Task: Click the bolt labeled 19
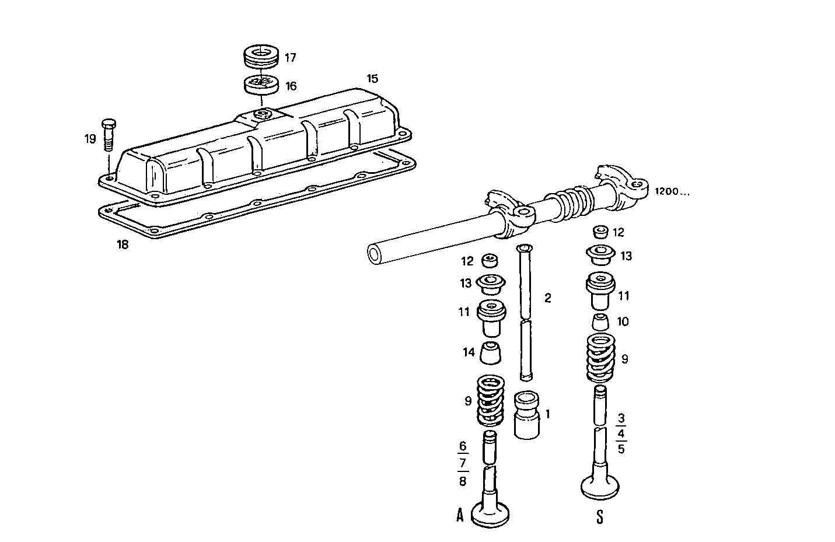109,135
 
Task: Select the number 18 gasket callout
122,244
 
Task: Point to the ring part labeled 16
260,84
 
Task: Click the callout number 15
372,79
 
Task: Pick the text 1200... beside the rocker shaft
671,191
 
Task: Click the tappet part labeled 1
527,414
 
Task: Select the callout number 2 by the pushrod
547,298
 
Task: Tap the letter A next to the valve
460,515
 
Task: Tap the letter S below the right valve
599,517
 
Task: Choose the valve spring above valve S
600,357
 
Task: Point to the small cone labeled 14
491,352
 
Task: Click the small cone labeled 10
600,321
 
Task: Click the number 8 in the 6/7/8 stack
462,481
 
